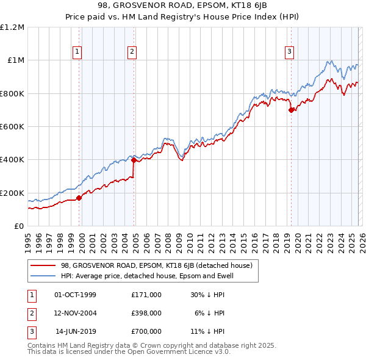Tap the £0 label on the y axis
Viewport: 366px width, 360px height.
19,226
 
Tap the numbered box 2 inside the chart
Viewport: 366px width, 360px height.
132,52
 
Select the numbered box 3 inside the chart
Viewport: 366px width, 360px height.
289,52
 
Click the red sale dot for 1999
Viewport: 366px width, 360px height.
79,198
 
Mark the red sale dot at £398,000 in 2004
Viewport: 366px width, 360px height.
134,160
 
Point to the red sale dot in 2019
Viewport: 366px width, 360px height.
291,110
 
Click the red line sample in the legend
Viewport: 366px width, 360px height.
43,265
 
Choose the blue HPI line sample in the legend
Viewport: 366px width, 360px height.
43,276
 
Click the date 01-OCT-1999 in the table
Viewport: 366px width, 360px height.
75,295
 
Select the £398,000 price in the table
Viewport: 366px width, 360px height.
146,313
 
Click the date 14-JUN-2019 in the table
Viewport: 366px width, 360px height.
76,331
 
